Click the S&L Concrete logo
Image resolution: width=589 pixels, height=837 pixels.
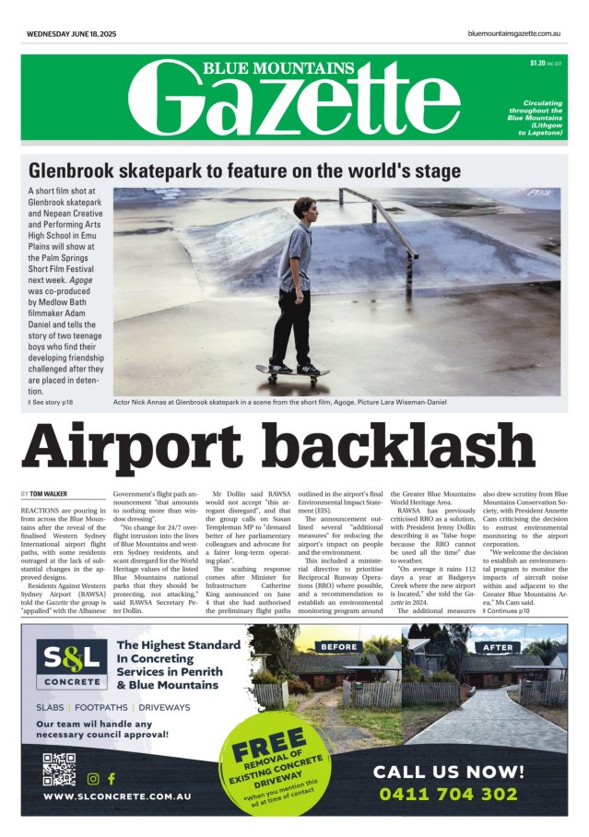(69, 664)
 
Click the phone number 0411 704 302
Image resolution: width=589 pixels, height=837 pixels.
(448, 794)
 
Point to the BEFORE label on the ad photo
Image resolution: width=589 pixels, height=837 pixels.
(337, 646)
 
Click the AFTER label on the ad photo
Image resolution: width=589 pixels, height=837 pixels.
(499, 647)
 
